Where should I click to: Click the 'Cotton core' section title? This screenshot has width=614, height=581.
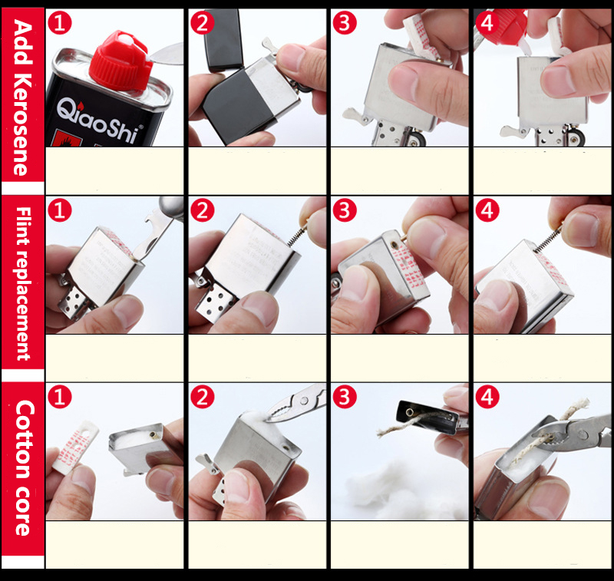[23, 467]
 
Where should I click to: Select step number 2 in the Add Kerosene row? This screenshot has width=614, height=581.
[202, 24]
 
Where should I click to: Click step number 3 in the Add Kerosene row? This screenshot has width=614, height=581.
[345, 24]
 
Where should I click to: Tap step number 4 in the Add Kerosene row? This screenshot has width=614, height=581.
[487, 24]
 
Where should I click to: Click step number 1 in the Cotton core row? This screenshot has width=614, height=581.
[60, 398]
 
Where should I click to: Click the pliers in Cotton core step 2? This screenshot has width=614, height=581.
[295, 403]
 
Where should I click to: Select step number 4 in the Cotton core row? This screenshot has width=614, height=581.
[487, 398]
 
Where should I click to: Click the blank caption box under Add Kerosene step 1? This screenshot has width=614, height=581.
[115, 170]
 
